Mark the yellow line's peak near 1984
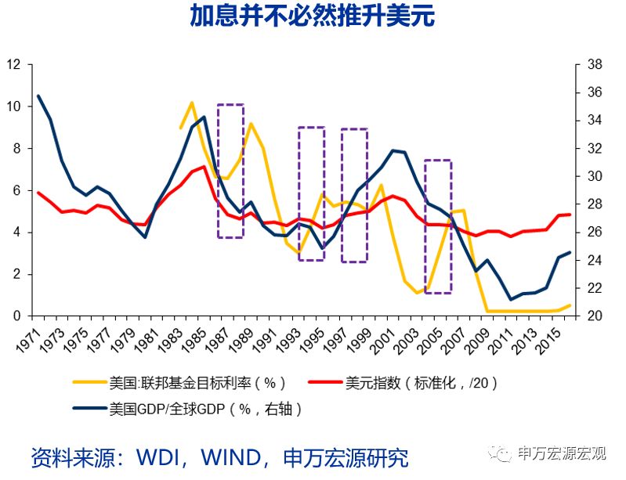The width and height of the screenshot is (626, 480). click(x=192, y=103)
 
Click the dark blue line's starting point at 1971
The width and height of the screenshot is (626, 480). click(x=38, y=96)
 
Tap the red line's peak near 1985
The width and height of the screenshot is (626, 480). click(x=204, y=166)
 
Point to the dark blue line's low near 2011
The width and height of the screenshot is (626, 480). click(x=510, y=299)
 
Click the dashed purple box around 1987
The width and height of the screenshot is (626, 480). click(x=230, y=171)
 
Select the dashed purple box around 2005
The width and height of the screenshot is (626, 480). click(x=438, y=226)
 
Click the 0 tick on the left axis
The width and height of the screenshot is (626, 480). click(x=16, y=316)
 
